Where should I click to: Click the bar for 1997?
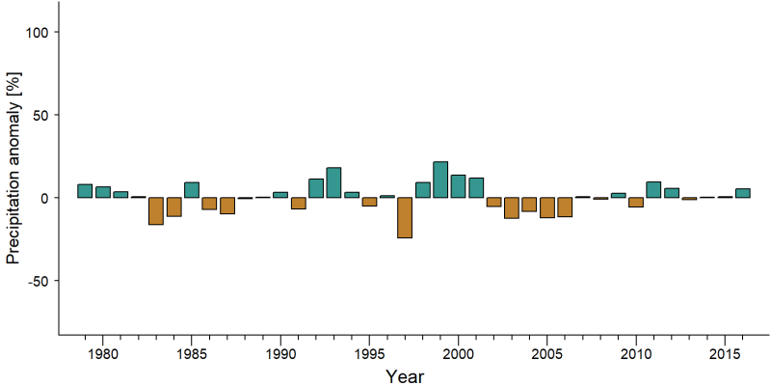click(x=405, y=218)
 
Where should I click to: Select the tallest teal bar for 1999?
click(x=440, y=179)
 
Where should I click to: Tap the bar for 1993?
click(x=333, y=182)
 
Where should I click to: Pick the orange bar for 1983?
click(x=156, y=210)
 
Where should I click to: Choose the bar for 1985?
click(x=191, y=190)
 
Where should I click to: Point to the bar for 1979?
click(x=85, y=191)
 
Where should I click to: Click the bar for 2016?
click(x=742, y=193)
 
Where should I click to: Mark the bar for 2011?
click(x=653, y=189)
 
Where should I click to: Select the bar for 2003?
click(x=512, y=207)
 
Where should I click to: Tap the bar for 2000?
click(x=459, y=186)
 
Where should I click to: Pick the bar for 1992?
click(x=316, y=188)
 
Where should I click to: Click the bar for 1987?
click(x=227, y=206)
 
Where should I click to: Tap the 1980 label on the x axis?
click(x=102, y=354)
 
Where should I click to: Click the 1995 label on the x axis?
click(x=369, y=354)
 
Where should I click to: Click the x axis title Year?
click(x=405, y=376)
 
